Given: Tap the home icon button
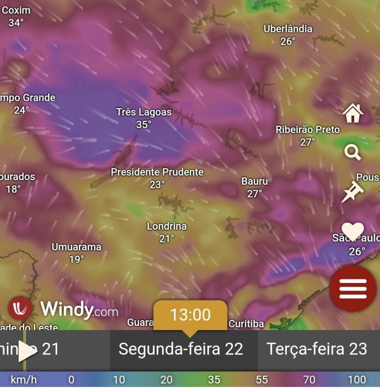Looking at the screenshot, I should point(353,113).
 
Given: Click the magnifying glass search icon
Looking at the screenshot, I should point(353,152).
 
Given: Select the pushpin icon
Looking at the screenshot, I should point(353,191).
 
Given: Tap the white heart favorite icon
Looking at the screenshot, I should point(353,230).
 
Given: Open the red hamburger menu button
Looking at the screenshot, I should point(353,288).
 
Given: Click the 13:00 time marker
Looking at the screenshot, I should point(191,315).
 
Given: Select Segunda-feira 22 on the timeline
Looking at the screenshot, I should point(181,349).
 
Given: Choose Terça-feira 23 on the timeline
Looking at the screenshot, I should point(317,349).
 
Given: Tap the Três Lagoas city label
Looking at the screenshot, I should point(144,112).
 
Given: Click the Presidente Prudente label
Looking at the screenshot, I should point(157,172).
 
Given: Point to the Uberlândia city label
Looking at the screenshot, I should point(288,29).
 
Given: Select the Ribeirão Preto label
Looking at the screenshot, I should point(308,129).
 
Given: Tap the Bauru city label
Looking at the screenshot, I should point(255,181).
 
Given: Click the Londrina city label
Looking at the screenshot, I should point(167,227).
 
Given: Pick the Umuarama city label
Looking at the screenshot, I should point(77,247).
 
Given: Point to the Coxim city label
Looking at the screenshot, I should point(16,10).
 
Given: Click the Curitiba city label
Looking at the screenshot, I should point(246,324).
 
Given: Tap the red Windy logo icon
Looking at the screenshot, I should point(21,309).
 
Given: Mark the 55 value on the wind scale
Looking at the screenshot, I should point(261,380).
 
